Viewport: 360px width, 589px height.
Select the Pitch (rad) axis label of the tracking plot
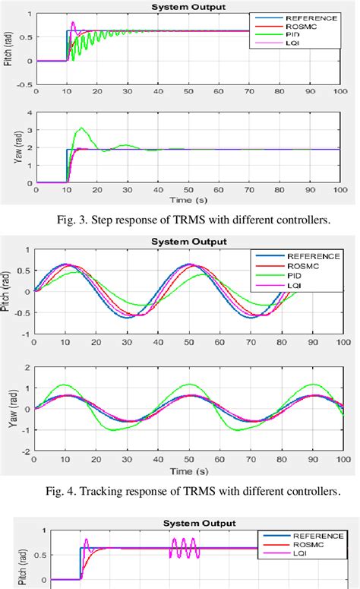[x=10, y=291]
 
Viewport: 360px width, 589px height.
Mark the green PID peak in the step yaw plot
[x=81, y=128]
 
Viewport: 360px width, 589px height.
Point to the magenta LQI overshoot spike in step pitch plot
[x=73, y=23]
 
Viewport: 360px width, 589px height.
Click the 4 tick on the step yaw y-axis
[x=28, y=112]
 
